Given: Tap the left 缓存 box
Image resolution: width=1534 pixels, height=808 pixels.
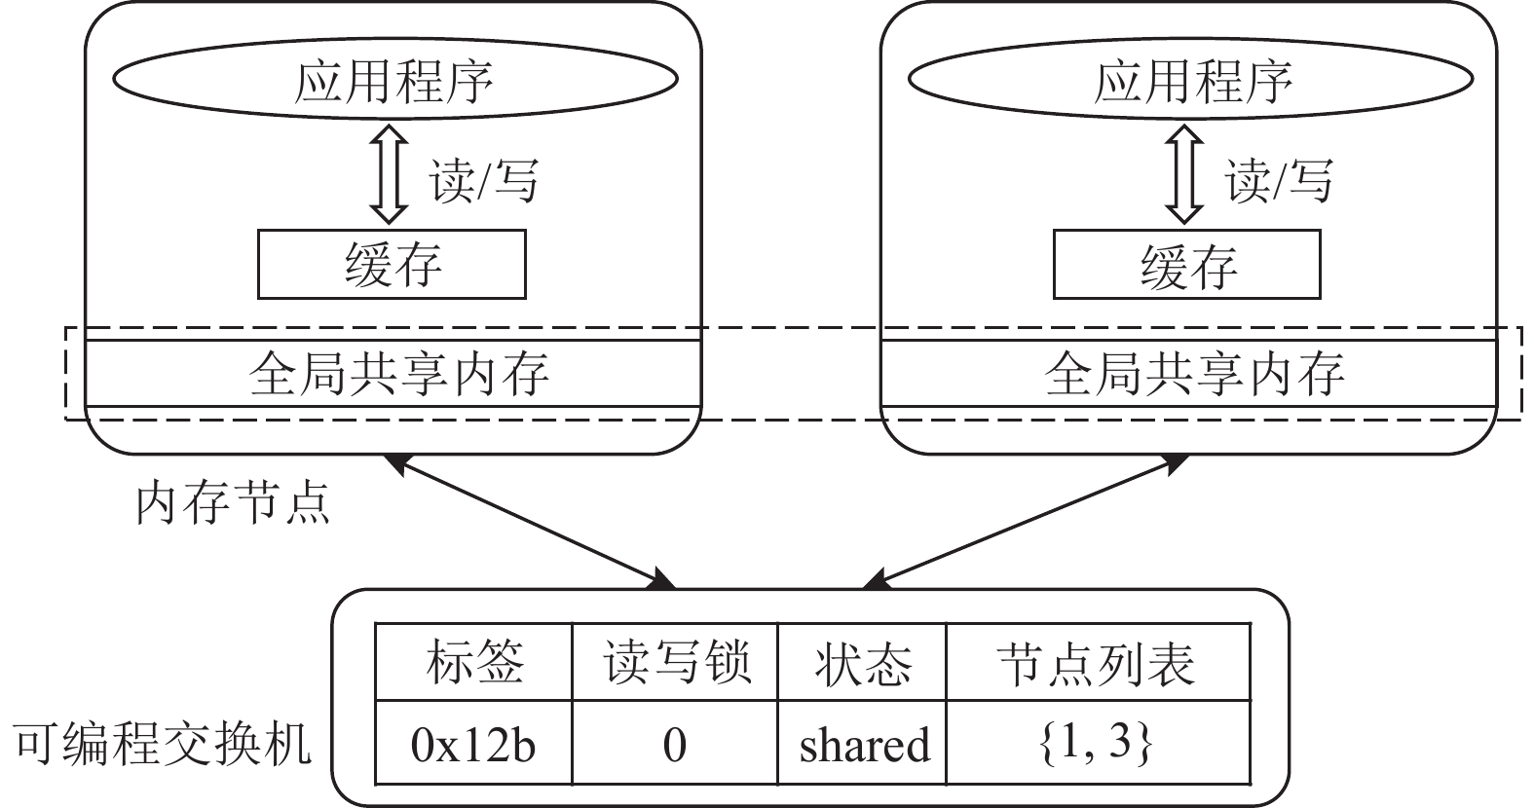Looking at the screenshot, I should [x=392, y=264].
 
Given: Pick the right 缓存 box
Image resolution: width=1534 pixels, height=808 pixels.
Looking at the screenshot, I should [x=1186, y=264].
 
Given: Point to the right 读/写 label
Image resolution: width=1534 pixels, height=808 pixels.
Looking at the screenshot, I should [x=1279, y=181].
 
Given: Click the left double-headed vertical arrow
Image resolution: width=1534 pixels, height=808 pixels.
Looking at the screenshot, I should [x=389, y=173].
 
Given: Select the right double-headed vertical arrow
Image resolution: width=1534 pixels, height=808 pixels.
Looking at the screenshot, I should [x=1184, y=173].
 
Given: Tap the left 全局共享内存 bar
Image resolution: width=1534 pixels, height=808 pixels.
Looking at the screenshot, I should [x=394, y=373].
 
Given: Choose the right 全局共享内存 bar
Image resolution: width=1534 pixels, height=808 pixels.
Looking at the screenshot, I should [x=1188, y=373].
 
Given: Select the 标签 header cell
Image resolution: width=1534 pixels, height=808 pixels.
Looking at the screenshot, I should [x=474, y=663].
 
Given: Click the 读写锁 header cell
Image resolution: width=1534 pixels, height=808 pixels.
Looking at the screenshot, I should [x=675, y=663].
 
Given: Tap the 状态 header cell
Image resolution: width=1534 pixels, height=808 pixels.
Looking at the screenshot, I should [x=862, y=663].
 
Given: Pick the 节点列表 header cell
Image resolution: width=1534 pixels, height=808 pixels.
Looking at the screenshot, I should [x=1097, y=663].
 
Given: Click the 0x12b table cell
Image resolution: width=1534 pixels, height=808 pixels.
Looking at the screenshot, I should [x=474, y=745].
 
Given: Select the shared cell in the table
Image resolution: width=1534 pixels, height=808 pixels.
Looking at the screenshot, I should [x=862, y=745].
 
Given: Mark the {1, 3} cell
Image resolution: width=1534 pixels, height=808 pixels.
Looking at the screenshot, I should [x=1097, y=745].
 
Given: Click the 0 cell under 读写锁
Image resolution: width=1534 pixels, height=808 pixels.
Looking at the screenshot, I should [x=675, y=745].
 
